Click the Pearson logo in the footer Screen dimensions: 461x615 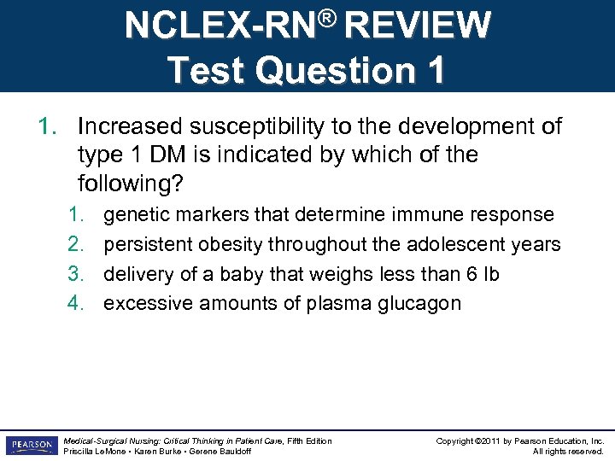coord(31,445)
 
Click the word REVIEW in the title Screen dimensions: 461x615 coord(416,26)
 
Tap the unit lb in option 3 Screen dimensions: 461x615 coord(490,273)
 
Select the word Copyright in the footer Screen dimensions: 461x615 coord(456,441)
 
